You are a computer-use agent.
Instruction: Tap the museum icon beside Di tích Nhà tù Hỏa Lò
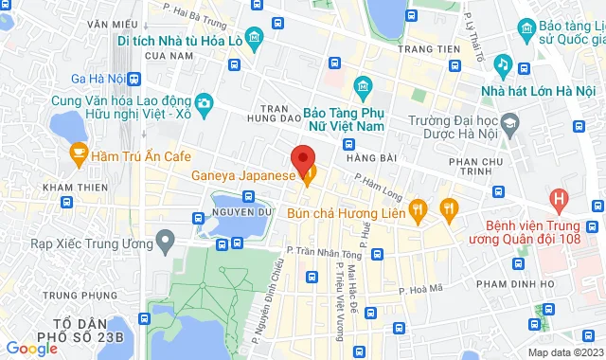pyautogui.click(x=254, y=39)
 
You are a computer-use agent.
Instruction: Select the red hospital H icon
pyautogui.click(x=559, y=201)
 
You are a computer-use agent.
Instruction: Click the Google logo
pyautogui.click(x=31, y=348)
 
